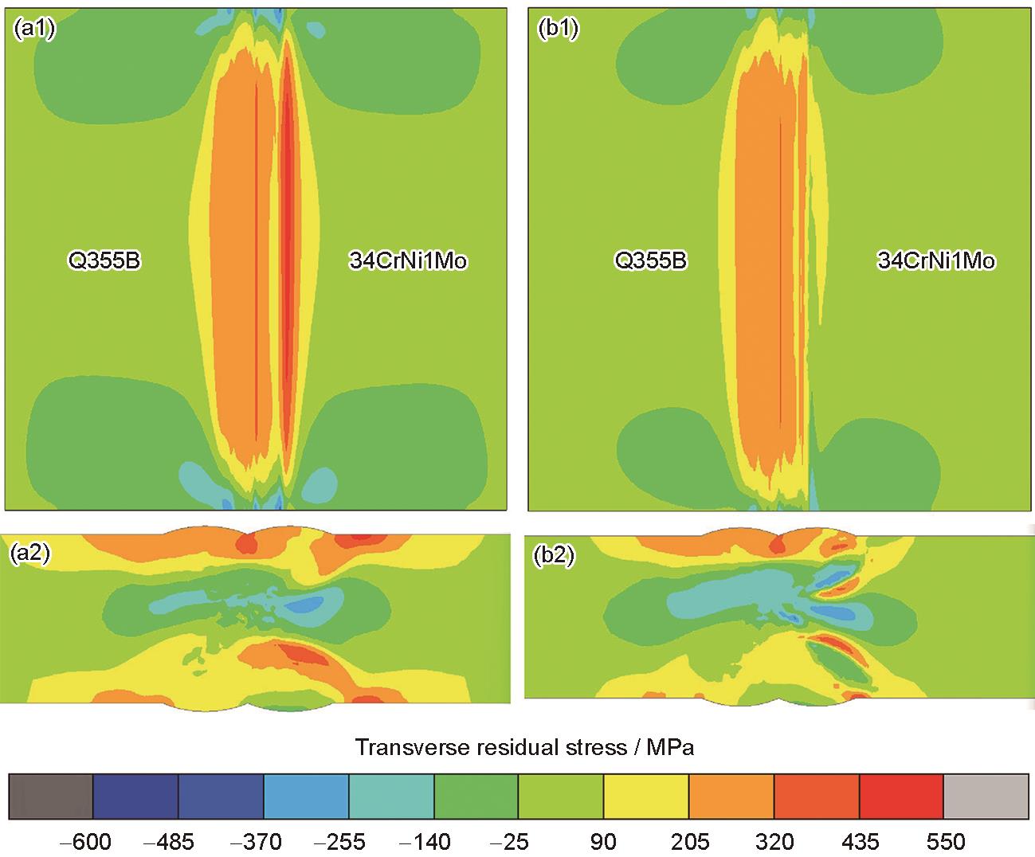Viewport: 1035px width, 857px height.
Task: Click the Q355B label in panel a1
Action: pos(104,260)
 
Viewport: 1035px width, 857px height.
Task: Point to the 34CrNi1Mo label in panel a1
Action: pos(407,260)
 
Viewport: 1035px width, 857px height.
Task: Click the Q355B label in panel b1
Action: pos(650,260)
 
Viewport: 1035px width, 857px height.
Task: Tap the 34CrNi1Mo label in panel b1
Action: pos(936,260)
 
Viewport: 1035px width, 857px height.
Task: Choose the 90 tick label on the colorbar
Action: pos(602,842)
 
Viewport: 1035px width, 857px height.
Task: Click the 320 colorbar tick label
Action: pos(774,842)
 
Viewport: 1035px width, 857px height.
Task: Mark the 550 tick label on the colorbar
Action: pos(943,842)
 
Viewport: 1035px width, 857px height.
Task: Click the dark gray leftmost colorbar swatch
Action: pos(51,795)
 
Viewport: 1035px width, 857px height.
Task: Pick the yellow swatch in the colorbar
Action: pos(645,795)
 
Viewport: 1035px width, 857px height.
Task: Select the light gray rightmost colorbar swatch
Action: pos(986,795)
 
